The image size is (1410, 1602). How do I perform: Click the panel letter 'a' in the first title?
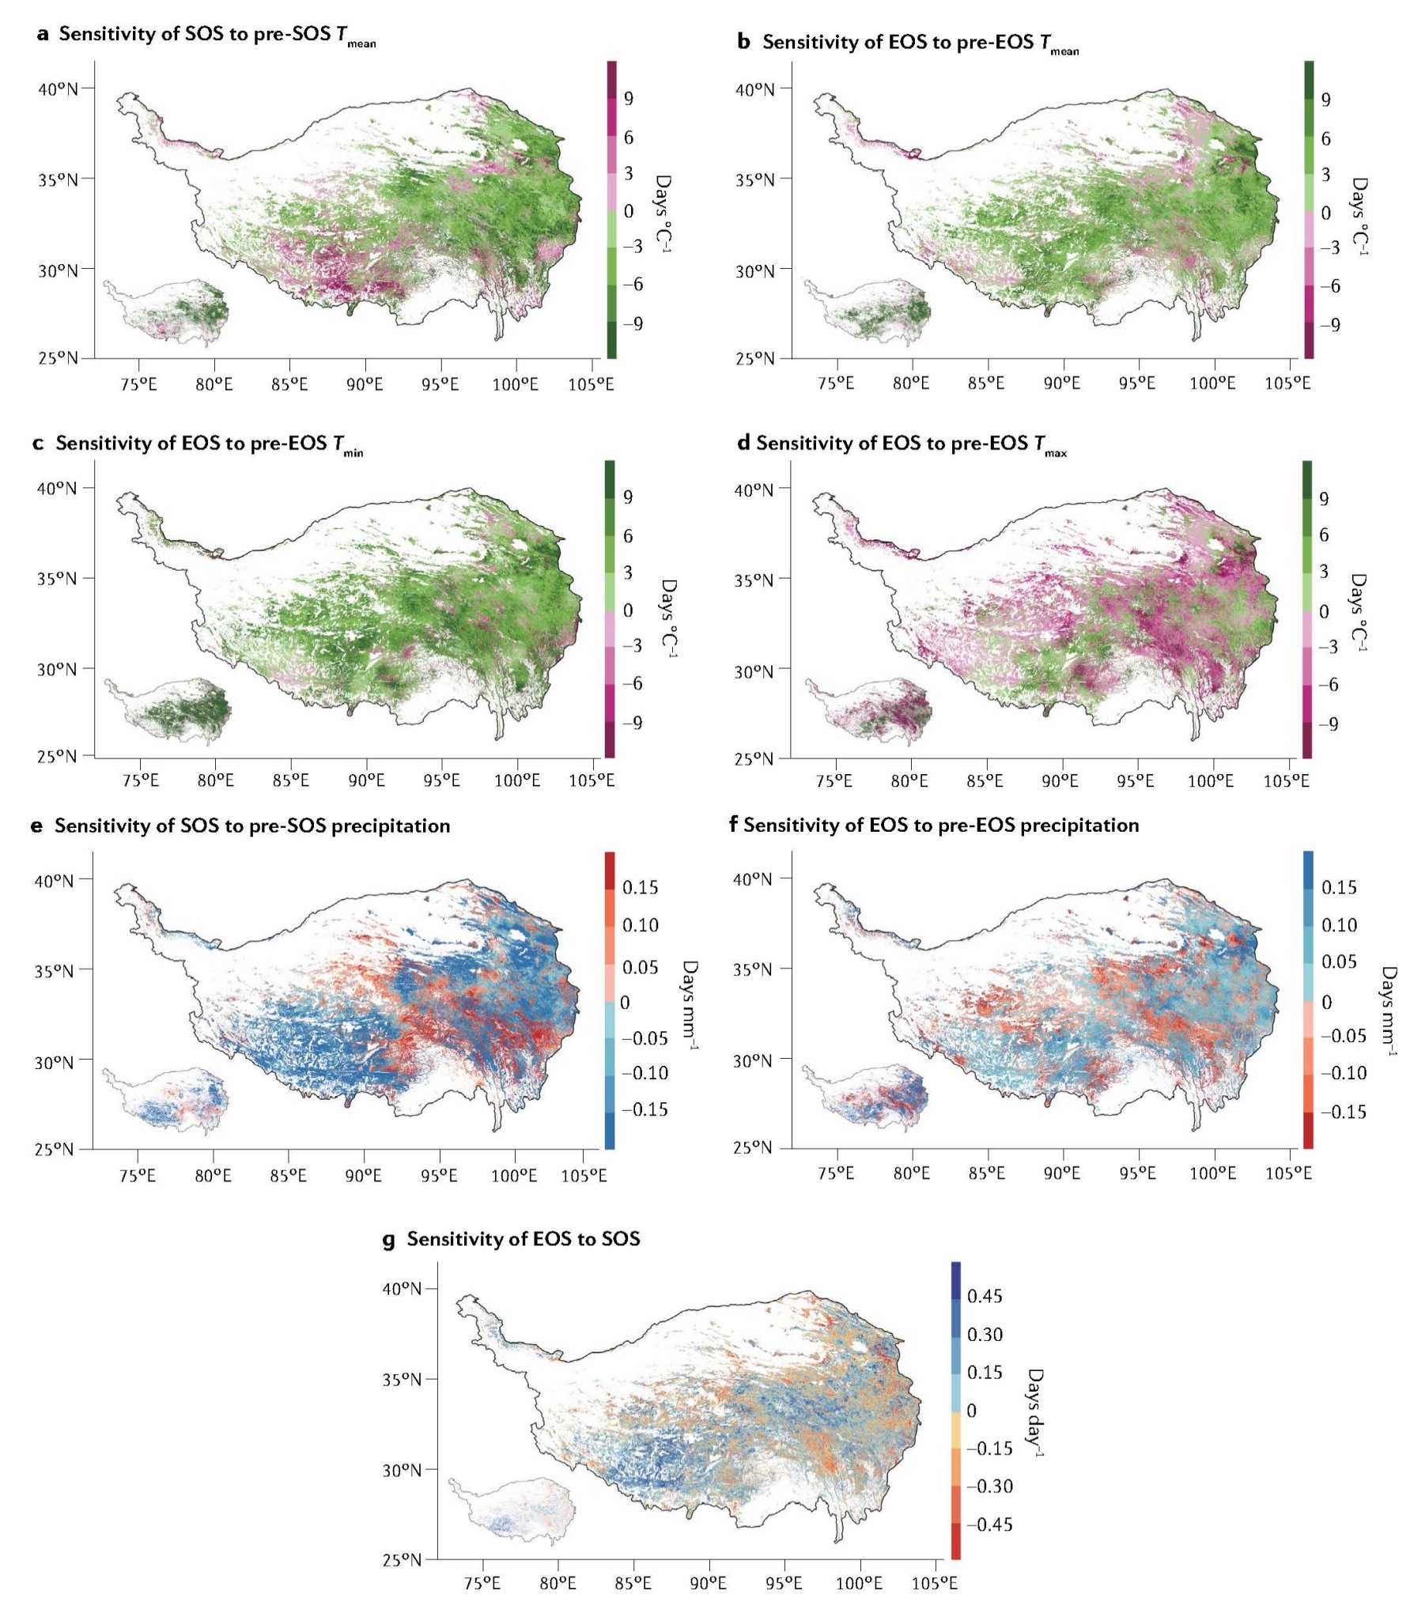(43, 35)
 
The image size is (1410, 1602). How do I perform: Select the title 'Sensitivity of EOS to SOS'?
(523, 1238)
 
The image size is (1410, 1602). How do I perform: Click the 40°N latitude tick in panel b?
(755, 89)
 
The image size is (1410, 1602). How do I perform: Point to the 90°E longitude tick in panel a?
(365, 384)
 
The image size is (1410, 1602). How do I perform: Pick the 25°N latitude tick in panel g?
(402, 1560)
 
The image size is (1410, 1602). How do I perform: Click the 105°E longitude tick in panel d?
(1287, 781)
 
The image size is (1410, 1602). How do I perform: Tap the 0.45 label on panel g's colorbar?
(985, 1296)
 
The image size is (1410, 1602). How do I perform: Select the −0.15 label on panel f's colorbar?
(1343, 1112)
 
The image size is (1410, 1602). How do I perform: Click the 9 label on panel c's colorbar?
(628, 497)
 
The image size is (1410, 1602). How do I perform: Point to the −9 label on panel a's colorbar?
(632, 323)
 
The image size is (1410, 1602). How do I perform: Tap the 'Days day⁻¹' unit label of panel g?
(1034, 1412)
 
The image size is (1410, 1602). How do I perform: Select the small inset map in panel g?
(512, 1509)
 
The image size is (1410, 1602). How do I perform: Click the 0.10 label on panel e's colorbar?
(641, 925)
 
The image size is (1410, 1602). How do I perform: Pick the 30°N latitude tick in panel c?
(57, 670)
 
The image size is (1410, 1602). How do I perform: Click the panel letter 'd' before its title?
(743, 444)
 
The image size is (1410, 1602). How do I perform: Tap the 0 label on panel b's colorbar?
(1326, 213)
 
